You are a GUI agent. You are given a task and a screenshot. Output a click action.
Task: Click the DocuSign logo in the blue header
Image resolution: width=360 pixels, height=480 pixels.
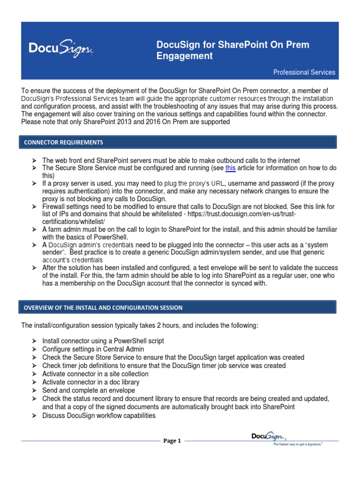(x=61, y=49)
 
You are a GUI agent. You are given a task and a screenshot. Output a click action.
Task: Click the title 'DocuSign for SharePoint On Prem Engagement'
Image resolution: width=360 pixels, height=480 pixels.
(x=232, y=51)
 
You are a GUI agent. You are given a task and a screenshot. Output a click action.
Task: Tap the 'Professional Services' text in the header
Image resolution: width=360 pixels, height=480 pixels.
(x=304, y=72)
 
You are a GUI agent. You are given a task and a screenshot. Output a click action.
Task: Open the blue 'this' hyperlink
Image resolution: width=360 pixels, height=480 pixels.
(x=230, y=168)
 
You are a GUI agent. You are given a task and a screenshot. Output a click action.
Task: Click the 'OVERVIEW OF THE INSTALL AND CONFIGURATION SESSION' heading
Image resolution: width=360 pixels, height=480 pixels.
(x=103, y=307)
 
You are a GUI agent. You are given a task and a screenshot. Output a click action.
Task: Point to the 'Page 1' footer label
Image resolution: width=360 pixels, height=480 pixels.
(x=172, y=441)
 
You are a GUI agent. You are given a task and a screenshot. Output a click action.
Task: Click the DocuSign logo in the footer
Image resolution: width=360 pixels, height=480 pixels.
(x=269, y=437)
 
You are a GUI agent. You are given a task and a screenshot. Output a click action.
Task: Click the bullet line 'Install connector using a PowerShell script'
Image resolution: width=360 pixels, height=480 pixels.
(x=103, y=341)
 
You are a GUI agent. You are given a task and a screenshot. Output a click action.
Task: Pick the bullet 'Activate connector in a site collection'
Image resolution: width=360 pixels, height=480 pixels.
(x=95, y=374)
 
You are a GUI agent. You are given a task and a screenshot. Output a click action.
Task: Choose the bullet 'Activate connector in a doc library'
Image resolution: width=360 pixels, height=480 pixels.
(x=90, y=382)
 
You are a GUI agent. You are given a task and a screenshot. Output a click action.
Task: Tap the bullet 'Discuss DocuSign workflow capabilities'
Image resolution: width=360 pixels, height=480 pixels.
(x=99, y=416)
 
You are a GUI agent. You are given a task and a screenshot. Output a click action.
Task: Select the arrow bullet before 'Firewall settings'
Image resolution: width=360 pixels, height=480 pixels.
(x=35, y=207)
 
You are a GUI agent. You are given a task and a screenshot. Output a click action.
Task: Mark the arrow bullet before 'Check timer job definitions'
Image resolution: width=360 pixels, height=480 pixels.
(x=35, y=366)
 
